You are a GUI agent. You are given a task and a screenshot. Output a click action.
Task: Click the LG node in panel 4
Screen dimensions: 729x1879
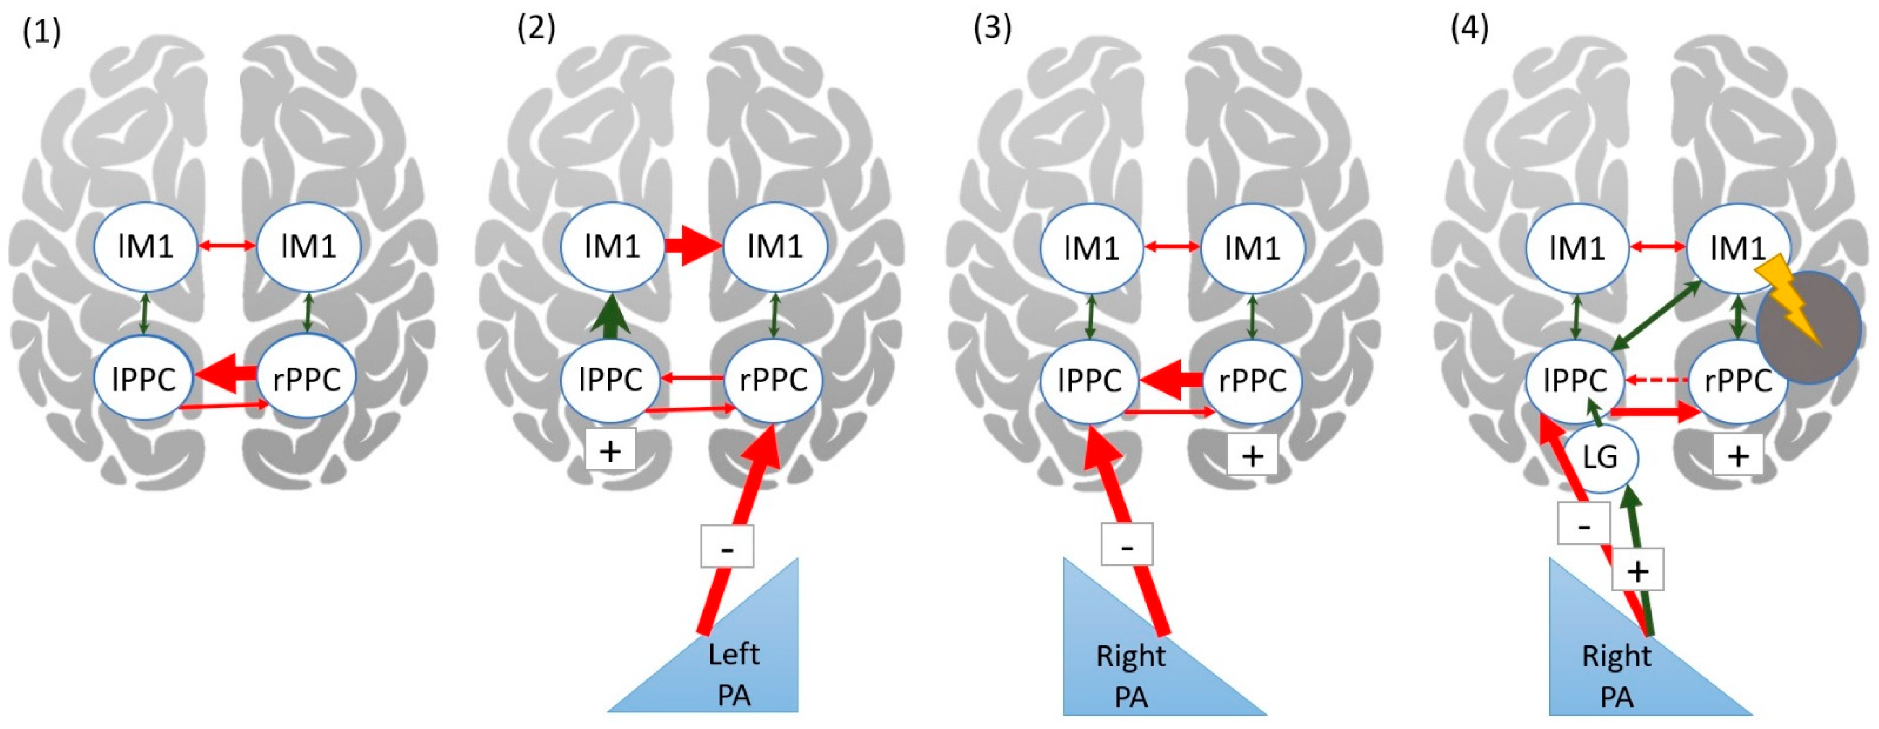1600,457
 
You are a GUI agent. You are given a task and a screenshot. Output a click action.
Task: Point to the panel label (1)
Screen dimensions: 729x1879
41,33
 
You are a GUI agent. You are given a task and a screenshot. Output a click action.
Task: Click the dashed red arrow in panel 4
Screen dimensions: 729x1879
1656,380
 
